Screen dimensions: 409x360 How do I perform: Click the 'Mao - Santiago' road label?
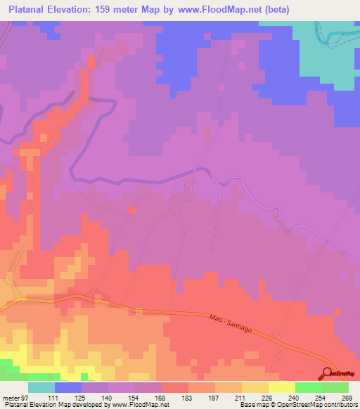pyautogui.click(x=236, y=325)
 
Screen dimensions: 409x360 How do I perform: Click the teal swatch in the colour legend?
pyautogui.click(x=41, y=388)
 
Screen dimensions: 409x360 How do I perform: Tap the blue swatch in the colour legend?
pyautogui.click(x=68, y=388)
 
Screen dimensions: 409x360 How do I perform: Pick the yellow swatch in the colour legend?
pyautogui.click(x=281, y=388)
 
